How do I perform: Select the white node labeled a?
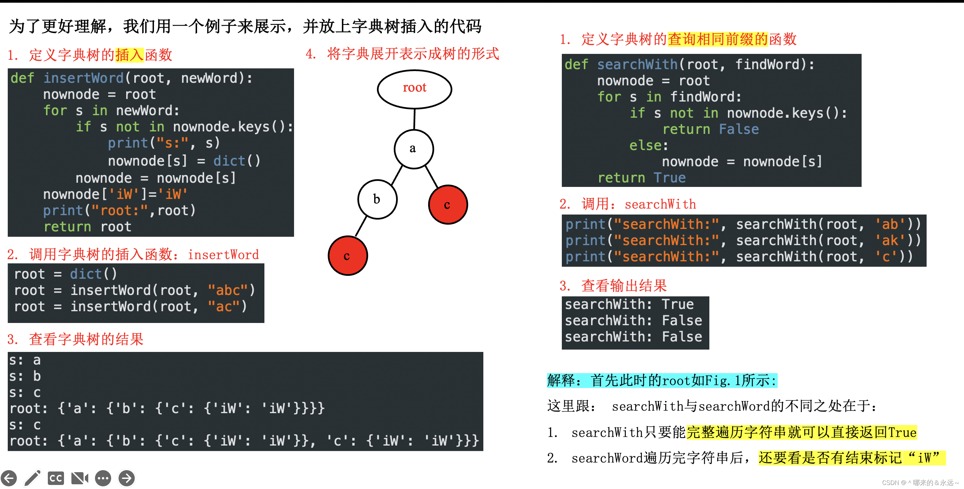(x=414, y=149)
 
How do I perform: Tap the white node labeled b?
(x=377, y=199)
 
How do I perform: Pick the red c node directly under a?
(x=448, y=205)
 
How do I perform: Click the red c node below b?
(x=348, y=256)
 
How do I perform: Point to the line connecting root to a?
(x=414, y=119)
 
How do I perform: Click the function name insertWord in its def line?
(x=83, y=78)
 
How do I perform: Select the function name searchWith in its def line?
(x=637, y=64)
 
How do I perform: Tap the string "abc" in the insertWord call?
(x=228, y=290)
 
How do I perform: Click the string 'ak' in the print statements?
(x=890, y=240)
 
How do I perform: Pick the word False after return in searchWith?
(x=738, y=129)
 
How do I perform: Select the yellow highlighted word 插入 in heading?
(x=129, y=55)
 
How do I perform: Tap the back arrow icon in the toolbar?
(x=9, y=478)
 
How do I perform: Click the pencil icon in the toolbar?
(x=33, y=478)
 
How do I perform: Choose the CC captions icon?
(x=56, y=478)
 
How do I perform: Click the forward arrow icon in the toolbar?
(x=127, y=478)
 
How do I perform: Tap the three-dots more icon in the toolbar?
(x=103, y=478)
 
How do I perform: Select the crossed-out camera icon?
(x=79, y=478)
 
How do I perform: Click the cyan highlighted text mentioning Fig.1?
(x=662, y=381)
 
